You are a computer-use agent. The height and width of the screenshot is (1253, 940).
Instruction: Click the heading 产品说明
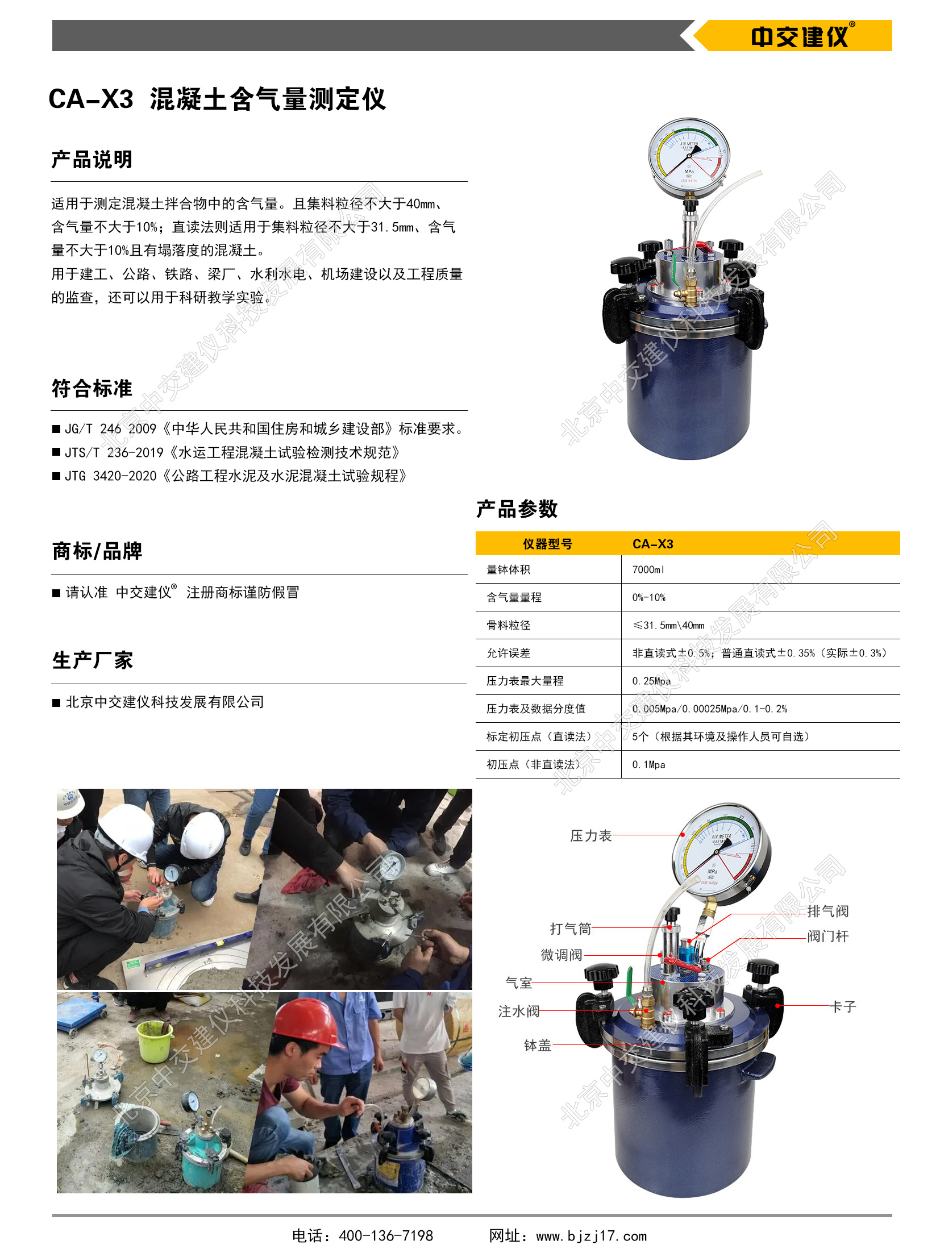click(92, 160)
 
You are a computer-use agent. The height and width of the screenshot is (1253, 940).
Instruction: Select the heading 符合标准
click(92, 389)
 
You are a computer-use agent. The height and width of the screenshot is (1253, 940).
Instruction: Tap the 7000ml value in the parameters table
click(648, 569)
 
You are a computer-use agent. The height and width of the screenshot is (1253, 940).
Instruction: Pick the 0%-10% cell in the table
click(648, 597)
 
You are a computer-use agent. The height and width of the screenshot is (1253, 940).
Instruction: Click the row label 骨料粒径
click(508, 625)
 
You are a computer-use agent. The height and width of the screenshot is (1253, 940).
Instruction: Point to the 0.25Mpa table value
click(651, 681)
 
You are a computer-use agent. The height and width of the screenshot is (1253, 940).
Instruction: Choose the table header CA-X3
click(652, 544)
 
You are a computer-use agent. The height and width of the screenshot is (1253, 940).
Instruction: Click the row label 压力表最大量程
click(525, 681)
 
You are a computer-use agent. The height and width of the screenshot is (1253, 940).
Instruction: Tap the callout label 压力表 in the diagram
click(590, 835)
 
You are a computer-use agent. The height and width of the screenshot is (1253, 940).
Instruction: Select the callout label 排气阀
click(827, 911)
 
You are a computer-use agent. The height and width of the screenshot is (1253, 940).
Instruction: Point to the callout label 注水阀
click(518, 1011)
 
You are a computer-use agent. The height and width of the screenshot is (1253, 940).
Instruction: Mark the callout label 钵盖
click(537, 1045)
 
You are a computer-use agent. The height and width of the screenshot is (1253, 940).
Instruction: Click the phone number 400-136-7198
click(386, 1235)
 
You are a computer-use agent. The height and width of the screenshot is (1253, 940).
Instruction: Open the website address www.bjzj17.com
click(592, 1235)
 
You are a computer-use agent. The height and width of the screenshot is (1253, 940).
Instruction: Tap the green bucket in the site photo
click(155, 1040)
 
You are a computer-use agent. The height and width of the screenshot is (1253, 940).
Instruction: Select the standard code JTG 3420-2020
click(110, 476)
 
